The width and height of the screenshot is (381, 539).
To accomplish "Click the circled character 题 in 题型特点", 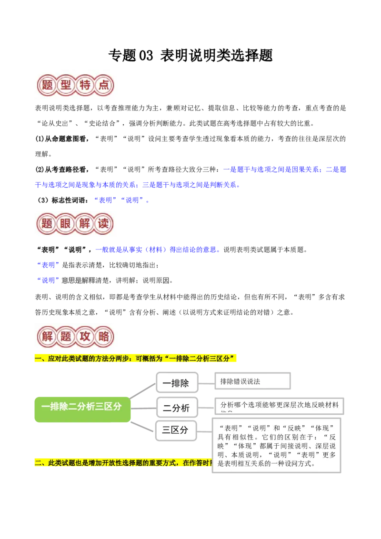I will tap(47, 86).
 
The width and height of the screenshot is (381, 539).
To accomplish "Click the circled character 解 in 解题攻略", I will tap(47, 337).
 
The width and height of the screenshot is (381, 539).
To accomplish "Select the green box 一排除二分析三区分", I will tap(82, 408).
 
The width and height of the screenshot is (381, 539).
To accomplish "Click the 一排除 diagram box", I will tap(176, 383).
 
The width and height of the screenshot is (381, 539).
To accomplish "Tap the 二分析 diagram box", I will tap(176, 408).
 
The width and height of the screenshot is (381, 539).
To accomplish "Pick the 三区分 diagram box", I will tap(176, 430).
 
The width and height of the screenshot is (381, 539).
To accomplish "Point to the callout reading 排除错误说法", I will tap(252, 381).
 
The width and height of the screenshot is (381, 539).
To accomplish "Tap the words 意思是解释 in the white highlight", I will tap(79, 280).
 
